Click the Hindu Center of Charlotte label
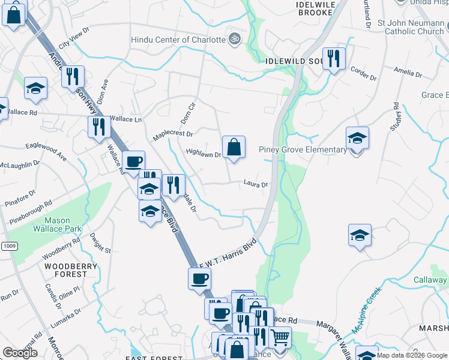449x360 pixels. coord(178,40)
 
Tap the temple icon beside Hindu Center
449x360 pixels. coord(235,39)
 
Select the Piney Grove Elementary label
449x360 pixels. coord(303,149)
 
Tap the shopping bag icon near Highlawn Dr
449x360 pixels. coord(234,147)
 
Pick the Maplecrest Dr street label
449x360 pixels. coord(173,134)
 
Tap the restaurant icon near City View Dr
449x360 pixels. coord(73,76)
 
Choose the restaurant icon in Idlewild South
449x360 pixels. coord(334,59)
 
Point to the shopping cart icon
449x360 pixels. coord(279,339)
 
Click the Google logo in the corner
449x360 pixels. coord(20,352)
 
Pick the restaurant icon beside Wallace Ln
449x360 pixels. coord(98,127)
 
